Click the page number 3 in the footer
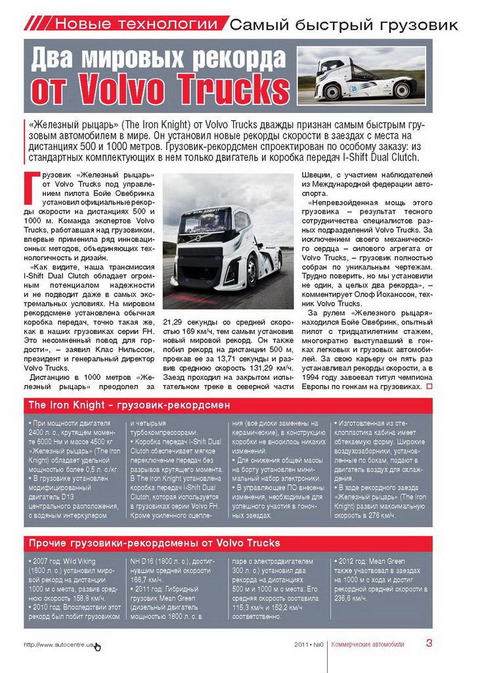coord(429,643)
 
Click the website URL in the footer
coord(59,645)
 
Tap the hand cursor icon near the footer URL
coord(98,647)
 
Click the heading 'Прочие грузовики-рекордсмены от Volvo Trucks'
coord(154,543)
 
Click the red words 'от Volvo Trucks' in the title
coord(160,89)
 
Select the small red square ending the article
coord(429,386)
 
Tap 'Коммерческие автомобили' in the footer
coord(368,644)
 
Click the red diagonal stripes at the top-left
coord(37,25)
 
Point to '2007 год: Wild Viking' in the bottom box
coord(66,561)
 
